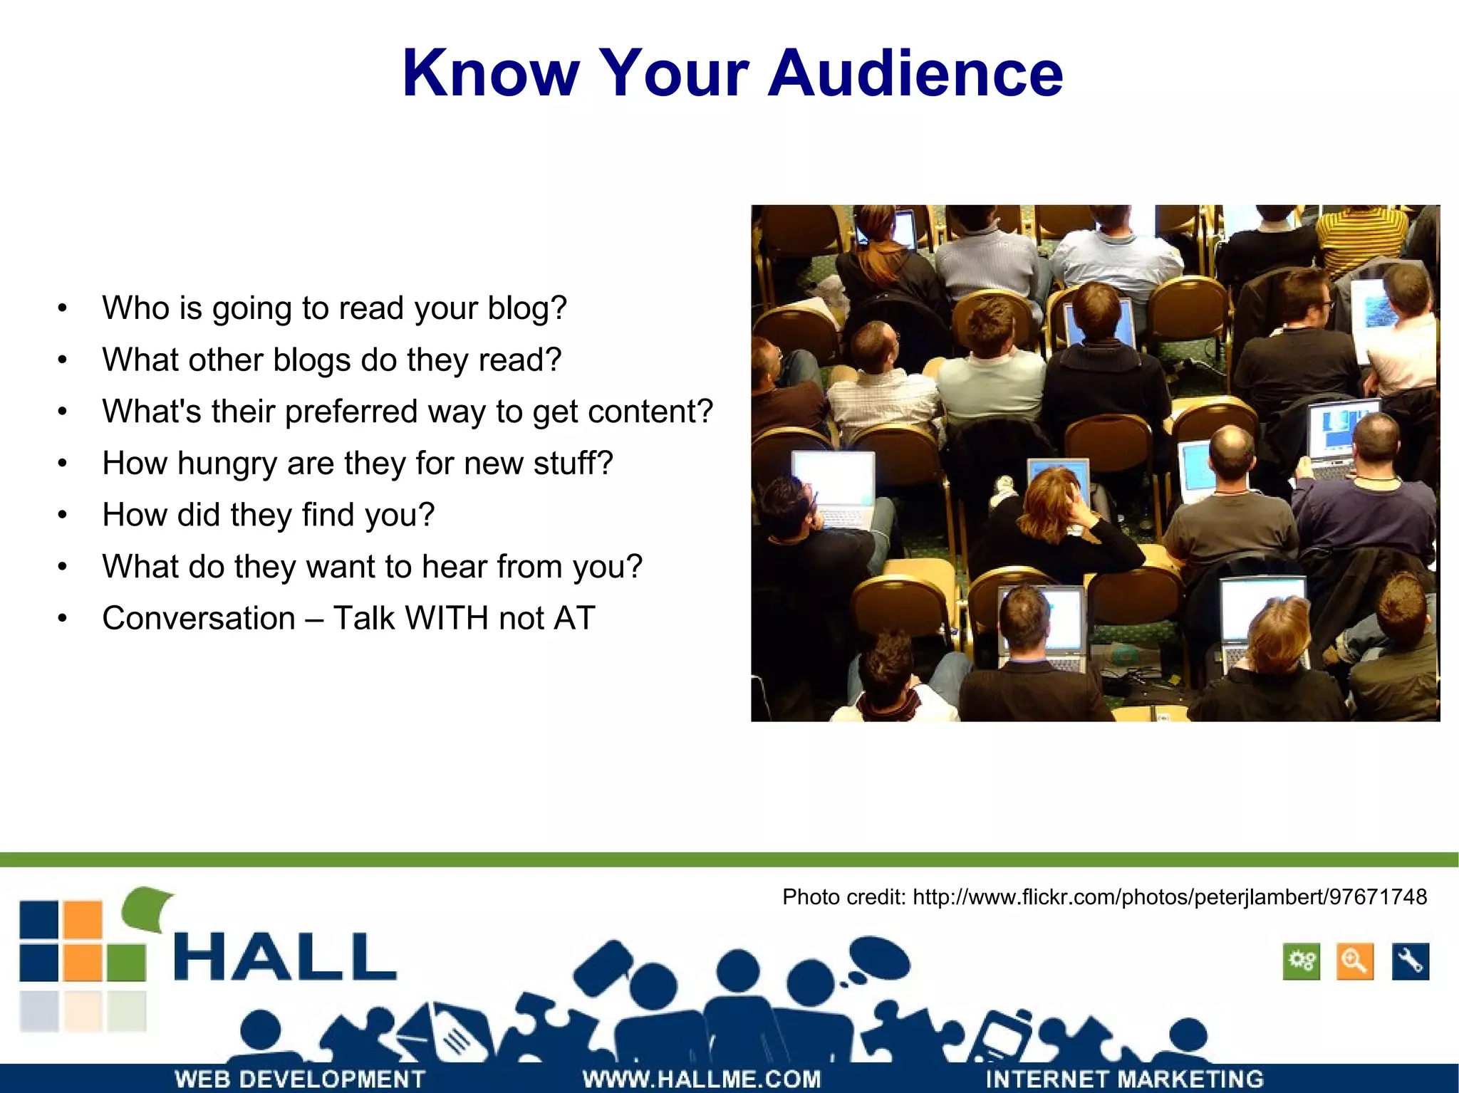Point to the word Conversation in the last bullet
[x=198, y=618]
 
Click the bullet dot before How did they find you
[x=63, y=515]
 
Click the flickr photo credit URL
[x=1169, y=897]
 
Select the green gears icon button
[x=1301, y=962]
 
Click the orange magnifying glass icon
[x=1354, y=962]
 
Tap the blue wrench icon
[x=1410, y=962]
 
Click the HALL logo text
[x=285, y=958]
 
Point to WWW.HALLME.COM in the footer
[x=702, y=1079]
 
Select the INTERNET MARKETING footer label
[x=1124, y=1079]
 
